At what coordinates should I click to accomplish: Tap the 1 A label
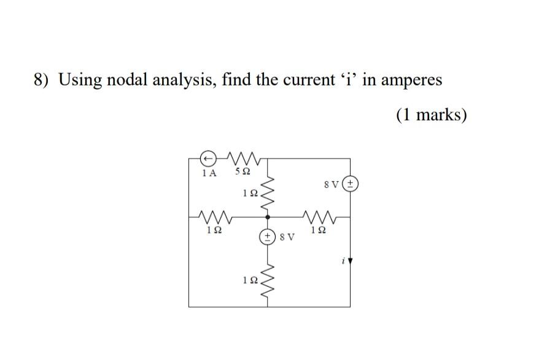209,173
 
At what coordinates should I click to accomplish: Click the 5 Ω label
243,173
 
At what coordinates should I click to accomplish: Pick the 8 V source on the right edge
351,184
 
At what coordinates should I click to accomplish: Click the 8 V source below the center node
268,235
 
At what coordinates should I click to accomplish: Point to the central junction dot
268,217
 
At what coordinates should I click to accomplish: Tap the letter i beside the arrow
343,261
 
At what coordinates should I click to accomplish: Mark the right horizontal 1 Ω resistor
319,217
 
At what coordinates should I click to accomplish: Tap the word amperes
411,81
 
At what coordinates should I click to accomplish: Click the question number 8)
42,80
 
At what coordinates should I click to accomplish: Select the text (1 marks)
431,115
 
